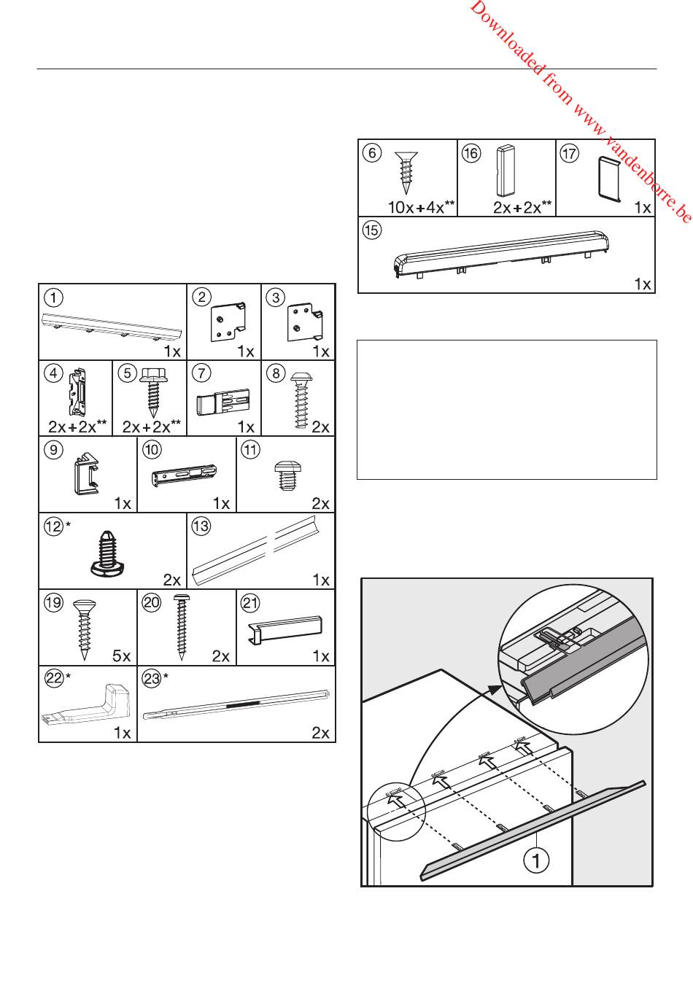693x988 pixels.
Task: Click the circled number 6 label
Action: pos(373,153)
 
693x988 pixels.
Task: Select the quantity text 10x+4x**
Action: pos(421,207)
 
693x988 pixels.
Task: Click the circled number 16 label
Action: pos(471,153)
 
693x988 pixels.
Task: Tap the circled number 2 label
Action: pos(202,297)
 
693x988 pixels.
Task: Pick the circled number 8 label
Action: pos(276,373)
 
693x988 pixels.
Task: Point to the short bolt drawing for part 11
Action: pos(284,475)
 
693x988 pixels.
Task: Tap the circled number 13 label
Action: pos(201,526)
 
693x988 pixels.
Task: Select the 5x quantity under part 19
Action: pos(121,656)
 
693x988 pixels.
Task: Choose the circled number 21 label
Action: pos(251,602)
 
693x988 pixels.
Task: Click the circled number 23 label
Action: pos(152,679)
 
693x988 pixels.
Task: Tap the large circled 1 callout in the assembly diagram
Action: pos(536,860)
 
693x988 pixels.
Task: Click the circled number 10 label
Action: pos(152,450)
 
